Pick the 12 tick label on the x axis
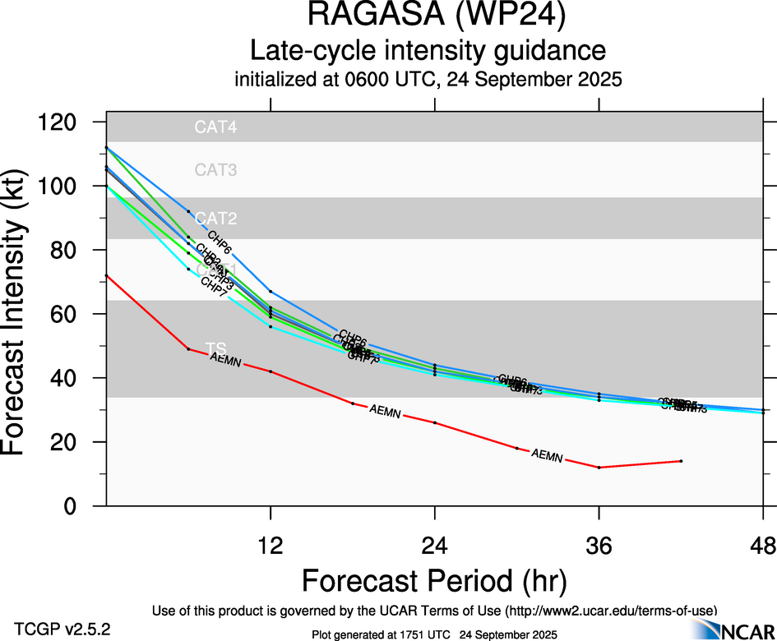[271, 545]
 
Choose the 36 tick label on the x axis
[599, 545]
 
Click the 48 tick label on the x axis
[763, 545]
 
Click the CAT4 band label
[215, 127]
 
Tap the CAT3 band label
[215, 170]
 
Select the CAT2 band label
[215, 219]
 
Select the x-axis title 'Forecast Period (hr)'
[434, 581]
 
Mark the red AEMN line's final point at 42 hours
[682, 461]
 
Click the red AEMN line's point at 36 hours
[599, 468]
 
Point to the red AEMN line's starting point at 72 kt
[107, 275]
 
